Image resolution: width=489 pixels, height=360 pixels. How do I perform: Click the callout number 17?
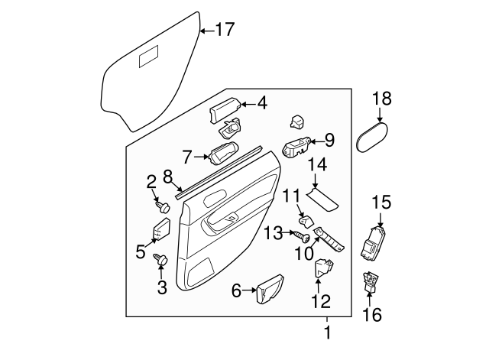click(225, 31)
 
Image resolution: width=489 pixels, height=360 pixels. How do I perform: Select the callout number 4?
click(262, 102)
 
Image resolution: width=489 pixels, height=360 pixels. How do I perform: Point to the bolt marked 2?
click(163, 206)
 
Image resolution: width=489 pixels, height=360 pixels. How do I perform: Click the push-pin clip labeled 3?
click(162, 260)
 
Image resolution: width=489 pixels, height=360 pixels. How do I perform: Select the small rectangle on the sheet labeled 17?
click(148, 57)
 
